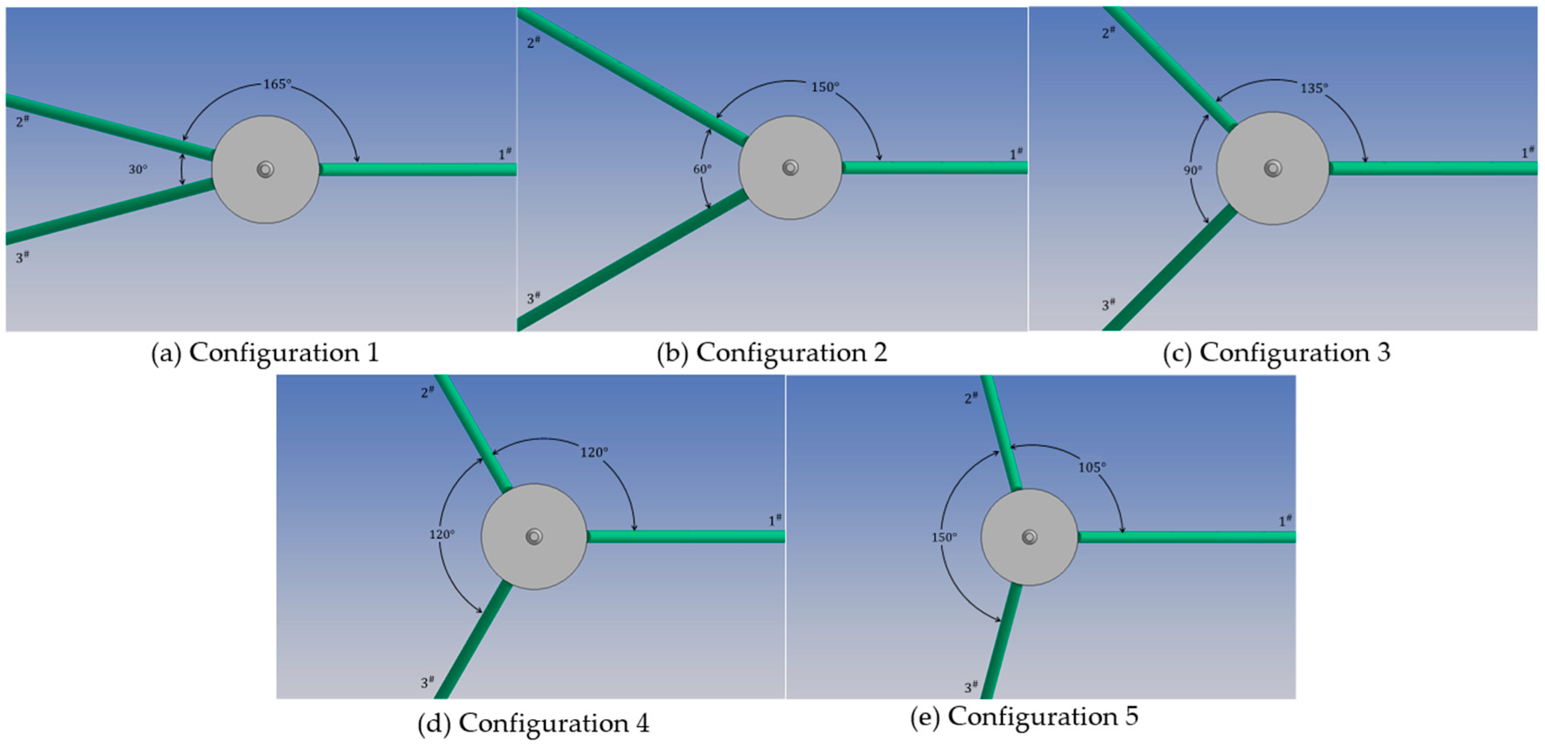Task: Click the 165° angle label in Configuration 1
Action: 277,84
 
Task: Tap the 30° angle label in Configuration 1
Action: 137,170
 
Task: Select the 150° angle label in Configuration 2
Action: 825,88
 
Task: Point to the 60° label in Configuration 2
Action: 702,169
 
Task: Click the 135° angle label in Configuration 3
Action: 1314,88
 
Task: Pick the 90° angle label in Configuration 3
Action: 1192,170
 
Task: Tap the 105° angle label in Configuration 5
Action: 1092,467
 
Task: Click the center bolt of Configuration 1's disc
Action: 265,169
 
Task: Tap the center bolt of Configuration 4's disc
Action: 534,536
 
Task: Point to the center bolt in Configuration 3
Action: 1272,168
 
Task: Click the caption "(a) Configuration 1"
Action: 265,353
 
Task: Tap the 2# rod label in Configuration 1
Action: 22,121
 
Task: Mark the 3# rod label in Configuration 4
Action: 427,682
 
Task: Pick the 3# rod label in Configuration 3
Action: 1108,305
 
